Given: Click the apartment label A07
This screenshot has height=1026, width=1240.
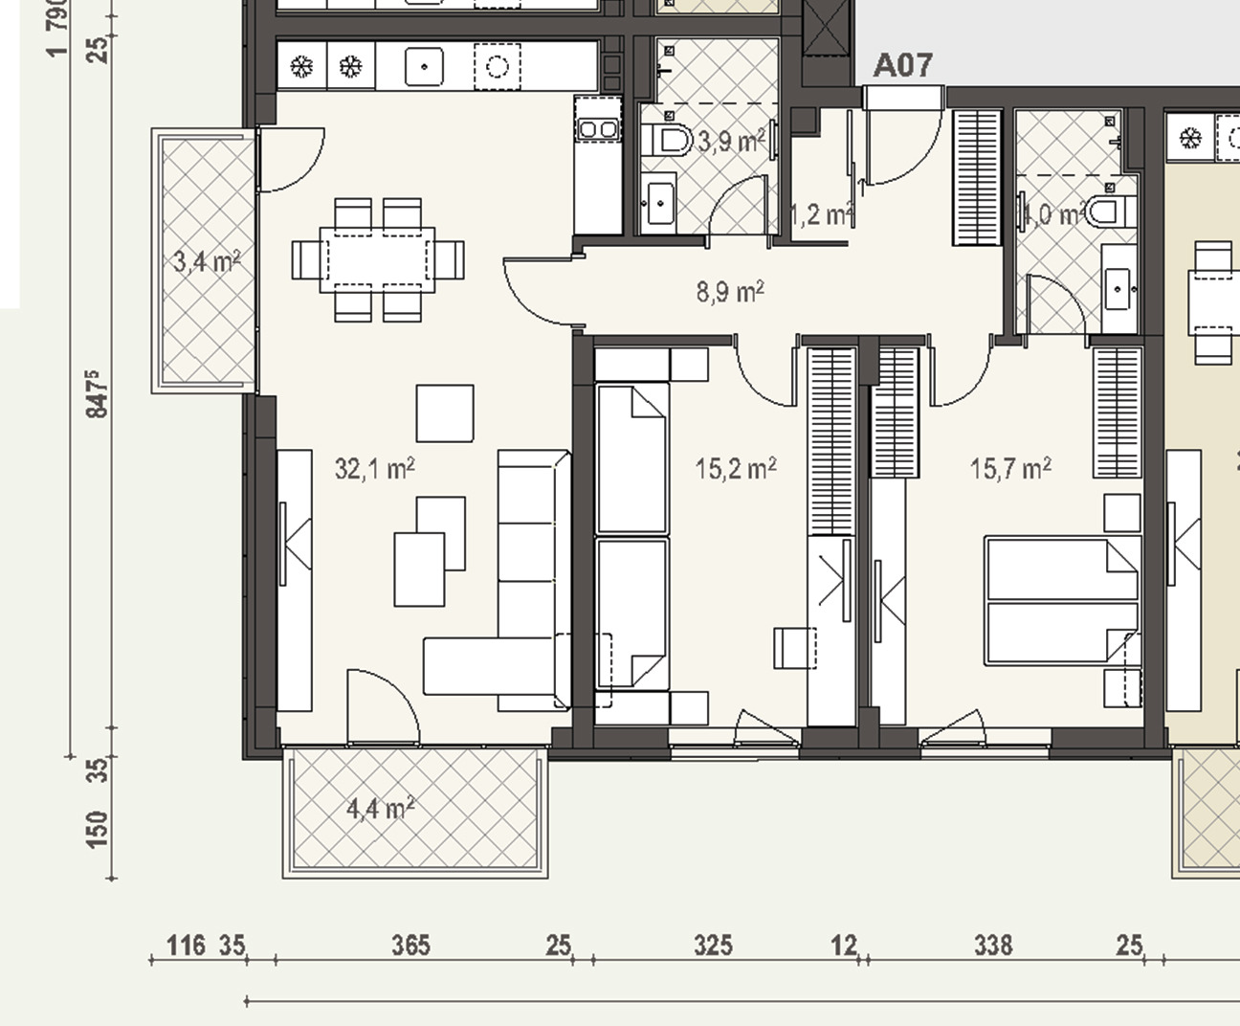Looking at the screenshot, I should click(902, 65).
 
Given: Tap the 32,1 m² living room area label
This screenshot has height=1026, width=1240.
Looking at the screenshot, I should click(374, 469).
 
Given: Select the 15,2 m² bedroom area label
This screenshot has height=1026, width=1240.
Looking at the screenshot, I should click(735, 469).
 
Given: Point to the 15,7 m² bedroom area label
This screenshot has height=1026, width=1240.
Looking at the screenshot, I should click(1010, 469).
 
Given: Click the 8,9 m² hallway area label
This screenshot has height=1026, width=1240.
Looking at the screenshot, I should click(730, 291).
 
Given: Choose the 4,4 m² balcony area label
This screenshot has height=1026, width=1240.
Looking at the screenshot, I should click(380, 809).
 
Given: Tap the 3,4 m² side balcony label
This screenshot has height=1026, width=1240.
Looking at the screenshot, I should click(206, 260).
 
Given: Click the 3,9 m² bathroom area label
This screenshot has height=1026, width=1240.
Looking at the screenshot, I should click(731, 143).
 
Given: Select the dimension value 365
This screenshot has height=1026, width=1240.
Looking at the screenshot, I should click(410, 946).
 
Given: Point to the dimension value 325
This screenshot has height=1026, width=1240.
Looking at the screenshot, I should click(713, 946).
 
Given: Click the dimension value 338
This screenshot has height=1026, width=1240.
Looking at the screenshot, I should click(992, 946).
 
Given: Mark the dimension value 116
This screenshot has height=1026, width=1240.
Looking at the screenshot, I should click(186, 946).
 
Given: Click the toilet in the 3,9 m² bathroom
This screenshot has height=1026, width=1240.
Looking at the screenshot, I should click(670, 142).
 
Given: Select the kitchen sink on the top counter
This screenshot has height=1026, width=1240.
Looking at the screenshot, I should click(422, 67).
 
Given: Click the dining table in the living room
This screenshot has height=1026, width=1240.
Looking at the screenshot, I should click(378, 259).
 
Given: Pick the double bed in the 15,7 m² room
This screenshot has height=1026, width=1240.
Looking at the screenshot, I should click(1062, 601).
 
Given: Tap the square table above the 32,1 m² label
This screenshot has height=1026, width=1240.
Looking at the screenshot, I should click(445, 413).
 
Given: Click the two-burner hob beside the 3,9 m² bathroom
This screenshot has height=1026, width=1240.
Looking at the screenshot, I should click(597, 128).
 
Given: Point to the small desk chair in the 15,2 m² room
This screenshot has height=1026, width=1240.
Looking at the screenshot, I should click(795, 647).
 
